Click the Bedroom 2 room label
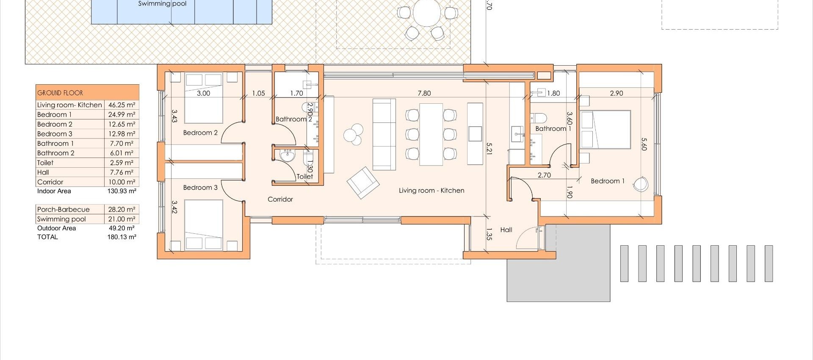[x=200, y=133]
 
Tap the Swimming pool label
[x=162, y=4]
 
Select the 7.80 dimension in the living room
[x=424, y=93]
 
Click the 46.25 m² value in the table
[x=122, y=105]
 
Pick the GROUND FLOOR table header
[x=60, y=93]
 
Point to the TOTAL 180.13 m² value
[x=122, y=237]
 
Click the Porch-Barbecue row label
[x=64, y=209]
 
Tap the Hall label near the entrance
[x=506, y=230]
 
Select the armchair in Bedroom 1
[x=641, y=183]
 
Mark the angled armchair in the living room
[x=363, y=182]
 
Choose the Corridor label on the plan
[x=280, y=199]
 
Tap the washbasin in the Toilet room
[x=287, y=156]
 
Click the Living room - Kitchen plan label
[x=431, y=191]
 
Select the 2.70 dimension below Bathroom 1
[x=544, y=175]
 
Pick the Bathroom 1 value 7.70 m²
[x=122, y=143]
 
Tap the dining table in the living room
[x=431, y=134]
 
